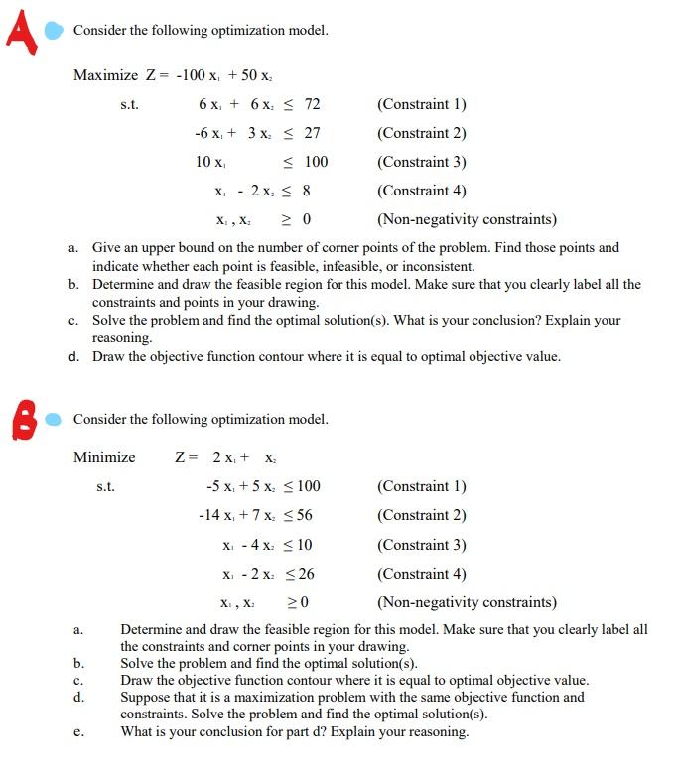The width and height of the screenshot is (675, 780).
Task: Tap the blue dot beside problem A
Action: [56, 29]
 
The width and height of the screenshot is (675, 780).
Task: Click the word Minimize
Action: [104, 457]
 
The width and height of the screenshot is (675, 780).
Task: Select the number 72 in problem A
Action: [312, 104]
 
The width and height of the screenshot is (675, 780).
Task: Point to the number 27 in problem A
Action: [312, 133]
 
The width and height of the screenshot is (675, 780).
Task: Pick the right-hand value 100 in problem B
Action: [308, 486]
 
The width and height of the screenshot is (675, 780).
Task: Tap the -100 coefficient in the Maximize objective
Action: [192, 75]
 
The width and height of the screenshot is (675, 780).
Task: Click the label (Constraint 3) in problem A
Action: [422, 162]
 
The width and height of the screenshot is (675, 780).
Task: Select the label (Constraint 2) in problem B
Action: [422, 515]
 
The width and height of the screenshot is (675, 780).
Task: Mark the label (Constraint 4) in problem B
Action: [422, 574]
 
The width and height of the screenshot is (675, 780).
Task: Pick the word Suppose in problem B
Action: [143, 697]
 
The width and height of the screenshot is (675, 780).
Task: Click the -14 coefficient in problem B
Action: [208, 515]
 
